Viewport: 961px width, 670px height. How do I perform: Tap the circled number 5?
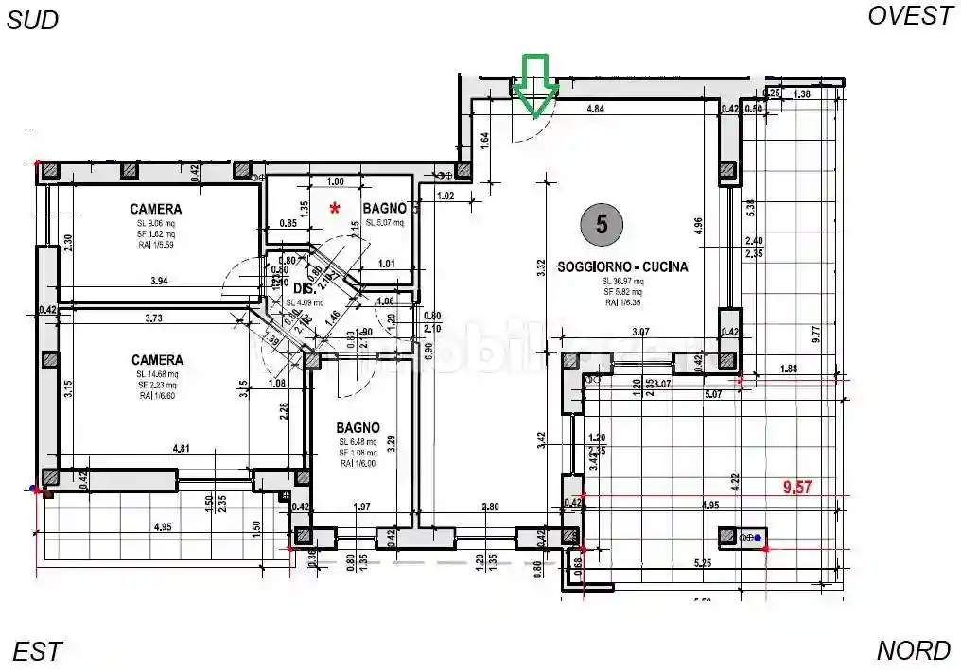[x=602, y=223]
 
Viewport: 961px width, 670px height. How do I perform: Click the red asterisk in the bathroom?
[x=334, y=208]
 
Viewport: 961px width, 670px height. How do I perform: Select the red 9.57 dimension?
[x=800, y=488]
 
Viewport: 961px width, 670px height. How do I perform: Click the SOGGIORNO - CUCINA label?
[x=622, y=267]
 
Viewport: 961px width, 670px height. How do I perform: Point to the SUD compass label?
[x=33, y=21]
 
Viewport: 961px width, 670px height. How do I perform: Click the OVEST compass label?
[x=910, y=16]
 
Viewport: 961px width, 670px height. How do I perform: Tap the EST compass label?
[x=38, y=651]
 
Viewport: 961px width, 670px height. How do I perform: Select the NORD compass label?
[x=913, y=651]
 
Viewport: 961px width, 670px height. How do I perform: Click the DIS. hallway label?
[x=304, y=288]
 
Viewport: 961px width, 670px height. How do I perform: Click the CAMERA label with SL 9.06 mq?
[x=156, y=209]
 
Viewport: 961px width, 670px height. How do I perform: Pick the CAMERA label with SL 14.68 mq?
[x=157, y=360]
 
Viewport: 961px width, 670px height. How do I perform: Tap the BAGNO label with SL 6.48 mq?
[x=358, y=427]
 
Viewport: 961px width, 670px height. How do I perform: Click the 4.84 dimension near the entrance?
[x=596, y=110]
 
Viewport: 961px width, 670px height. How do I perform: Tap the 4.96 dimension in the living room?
[x=698, y=225]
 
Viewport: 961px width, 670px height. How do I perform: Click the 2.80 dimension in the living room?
[x=489, y=507]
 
